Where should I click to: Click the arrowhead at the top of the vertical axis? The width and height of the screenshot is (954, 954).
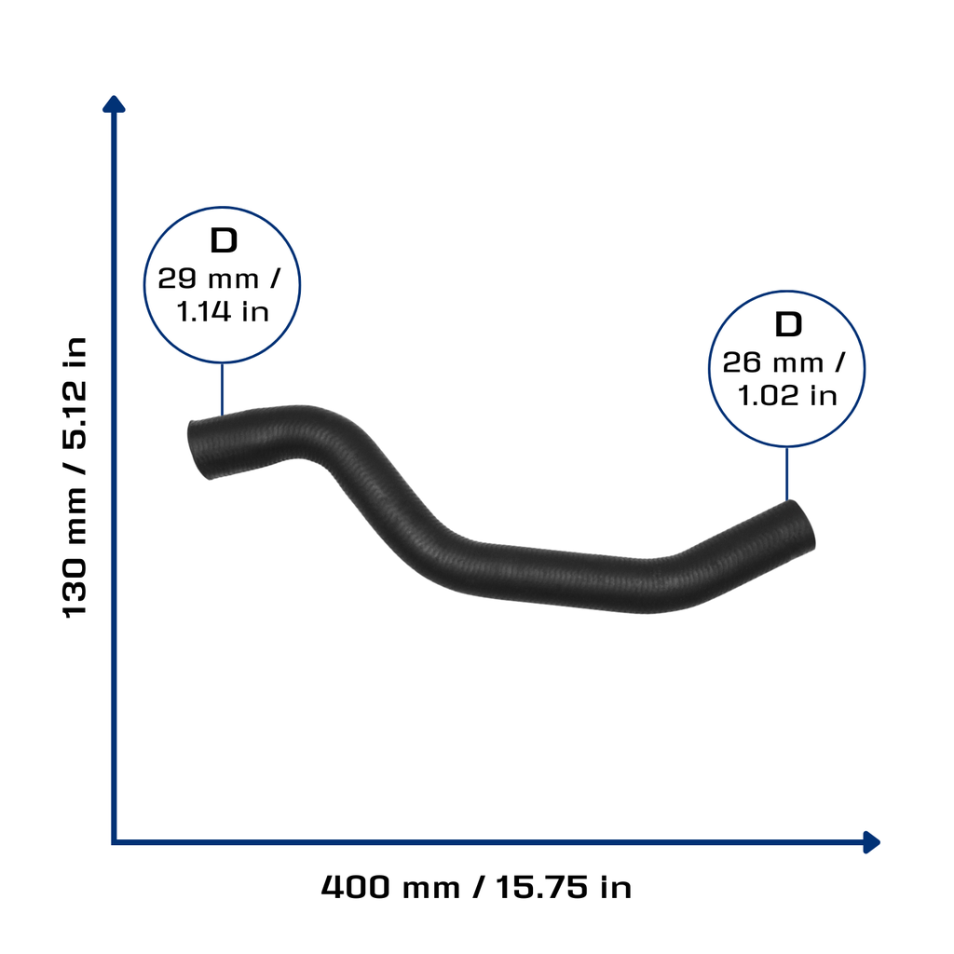tap(114, 103)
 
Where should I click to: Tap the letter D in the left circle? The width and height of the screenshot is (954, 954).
tap(224, 241)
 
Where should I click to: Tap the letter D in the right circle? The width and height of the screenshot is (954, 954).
tap(788, 324)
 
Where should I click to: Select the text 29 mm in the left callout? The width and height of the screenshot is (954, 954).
tap(208, 279)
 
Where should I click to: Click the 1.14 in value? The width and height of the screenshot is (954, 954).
tap(223, 311)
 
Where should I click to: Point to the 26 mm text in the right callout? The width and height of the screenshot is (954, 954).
tap(772, 363)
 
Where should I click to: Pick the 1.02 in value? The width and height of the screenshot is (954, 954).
tap(787, 395)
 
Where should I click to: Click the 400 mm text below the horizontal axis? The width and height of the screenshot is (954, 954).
tap(390, 887)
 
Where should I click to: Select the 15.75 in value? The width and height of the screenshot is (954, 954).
tap(564, 887)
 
